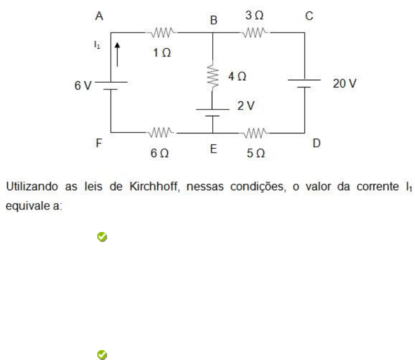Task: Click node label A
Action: [x=99, y=16]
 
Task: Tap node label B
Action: [x=214, y=20]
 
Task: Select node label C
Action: [x=309, y=16]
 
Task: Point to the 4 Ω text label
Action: [x=238, y=76]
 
